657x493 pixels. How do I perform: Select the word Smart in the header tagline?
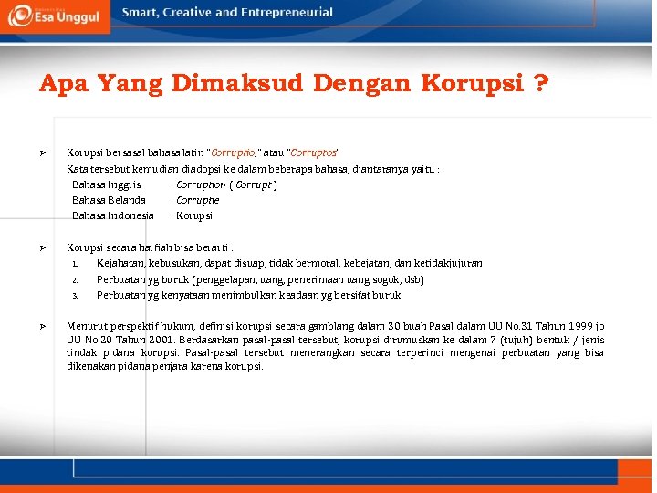pyautogui.click(x=141, y=13)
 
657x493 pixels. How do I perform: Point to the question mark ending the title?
pyautogui.click(x=541, y=85)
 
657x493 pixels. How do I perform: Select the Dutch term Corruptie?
pyautogui.click(x=198, y=200)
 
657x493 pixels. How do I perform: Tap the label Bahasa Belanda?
pyautogui.click(x=109, y=200)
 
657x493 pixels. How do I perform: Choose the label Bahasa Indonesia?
pyautogui.click(x=113, y=215)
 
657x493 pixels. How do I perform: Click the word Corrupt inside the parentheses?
pyautogui.click(x=254, y=184)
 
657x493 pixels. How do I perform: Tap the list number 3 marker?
pyautogui.click(x=74, y=296)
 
